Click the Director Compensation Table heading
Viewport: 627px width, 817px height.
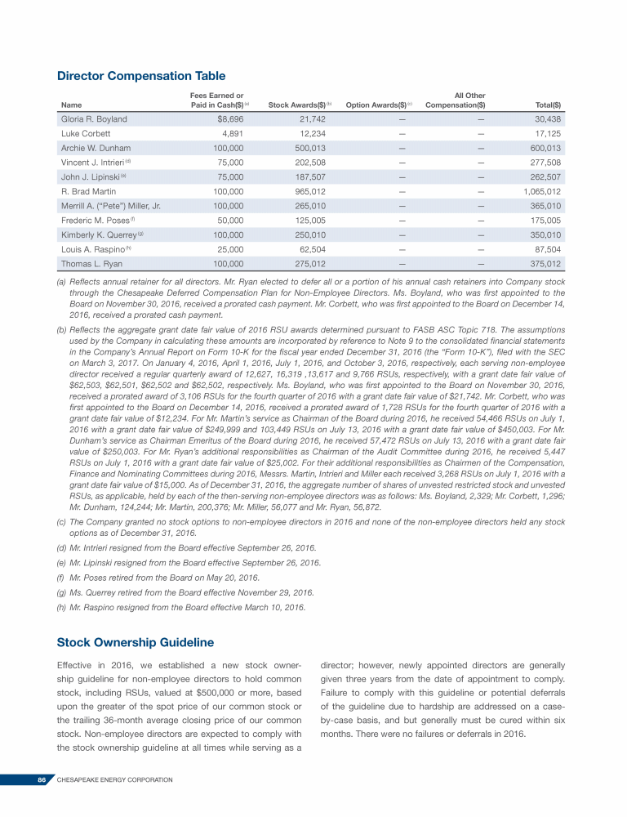(141, 76)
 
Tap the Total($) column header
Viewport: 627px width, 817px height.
(547, 105)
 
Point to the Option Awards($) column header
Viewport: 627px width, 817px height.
(377, 105)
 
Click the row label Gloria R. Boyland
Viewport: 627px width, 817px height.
(94, 119)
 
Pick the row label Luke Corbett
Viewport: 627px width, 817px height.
(86, 133)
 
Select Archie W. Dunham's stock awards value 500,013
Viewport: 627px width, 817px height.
(310, 148)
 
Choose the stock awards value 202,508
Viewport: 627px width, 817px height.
(310, 163)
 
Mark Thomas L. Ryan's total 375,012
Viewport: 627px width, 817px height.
(545, 264)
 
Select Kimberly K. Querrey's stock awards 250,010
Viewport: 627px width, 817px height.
(310, 235)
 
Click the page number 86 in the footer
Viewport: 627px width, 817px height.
(42, 780)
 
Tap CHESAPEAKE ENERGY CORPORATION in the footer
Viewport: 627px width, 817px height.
(115, 780)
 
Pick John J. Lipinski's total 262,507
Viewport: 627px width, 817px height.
(545, 177)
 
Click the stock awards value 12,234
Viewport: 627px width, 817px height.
(313, 133)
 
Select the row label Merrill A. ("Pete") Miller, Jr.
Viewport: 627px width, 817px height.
(110, 206)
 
